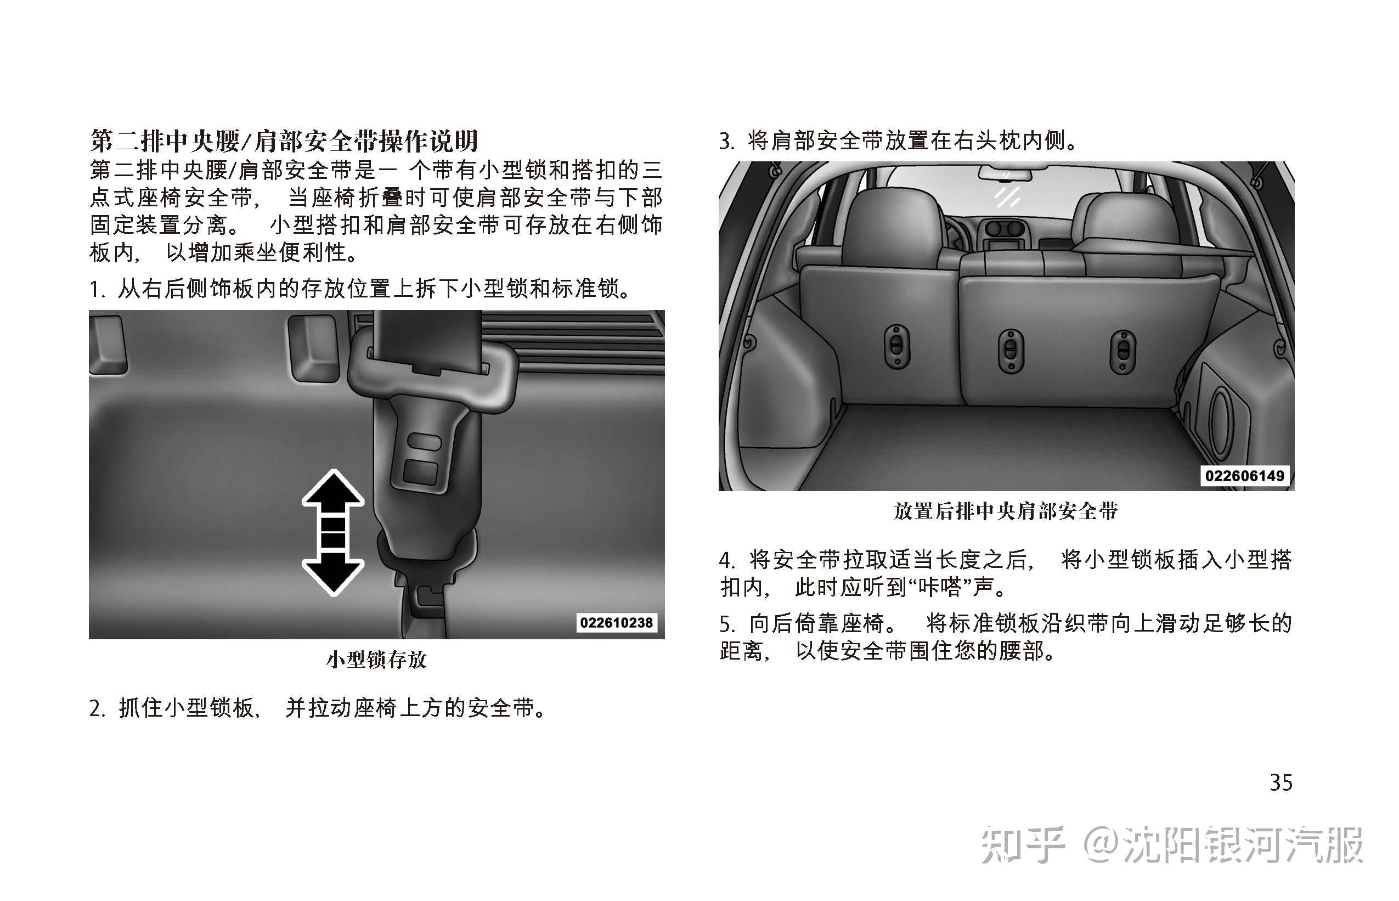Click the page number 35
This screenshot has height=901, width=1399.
point(1281,782)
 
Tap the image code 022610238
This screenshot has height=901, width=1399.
point(616,622)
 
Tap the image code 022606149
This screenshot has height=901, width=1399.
point(1245,476)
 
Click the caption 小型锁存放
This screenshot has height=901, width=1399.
point(377,660)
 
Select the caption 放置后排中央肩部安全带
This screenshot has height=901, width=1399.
point(1006,511)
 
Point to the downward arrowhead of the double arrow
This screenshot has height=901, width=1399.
point(333,575)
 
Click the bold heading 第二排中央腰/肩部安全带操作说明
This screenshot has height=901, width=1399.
point(284,141)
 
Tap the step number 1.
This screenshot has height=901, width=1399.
point(95,289)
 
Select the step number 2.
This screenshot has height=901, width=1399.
point(97,708)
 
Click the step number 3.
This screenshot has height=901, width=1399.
point(726,142)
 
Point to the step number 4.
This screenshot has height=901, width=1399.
point(726,560)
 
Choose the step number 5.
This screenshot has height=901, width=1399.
point(726,624)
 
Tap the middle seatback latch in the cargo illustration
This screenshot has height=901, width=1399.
point(1011,351)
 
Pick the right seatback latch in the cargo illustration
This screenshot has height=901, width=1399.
point(1123,352)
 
